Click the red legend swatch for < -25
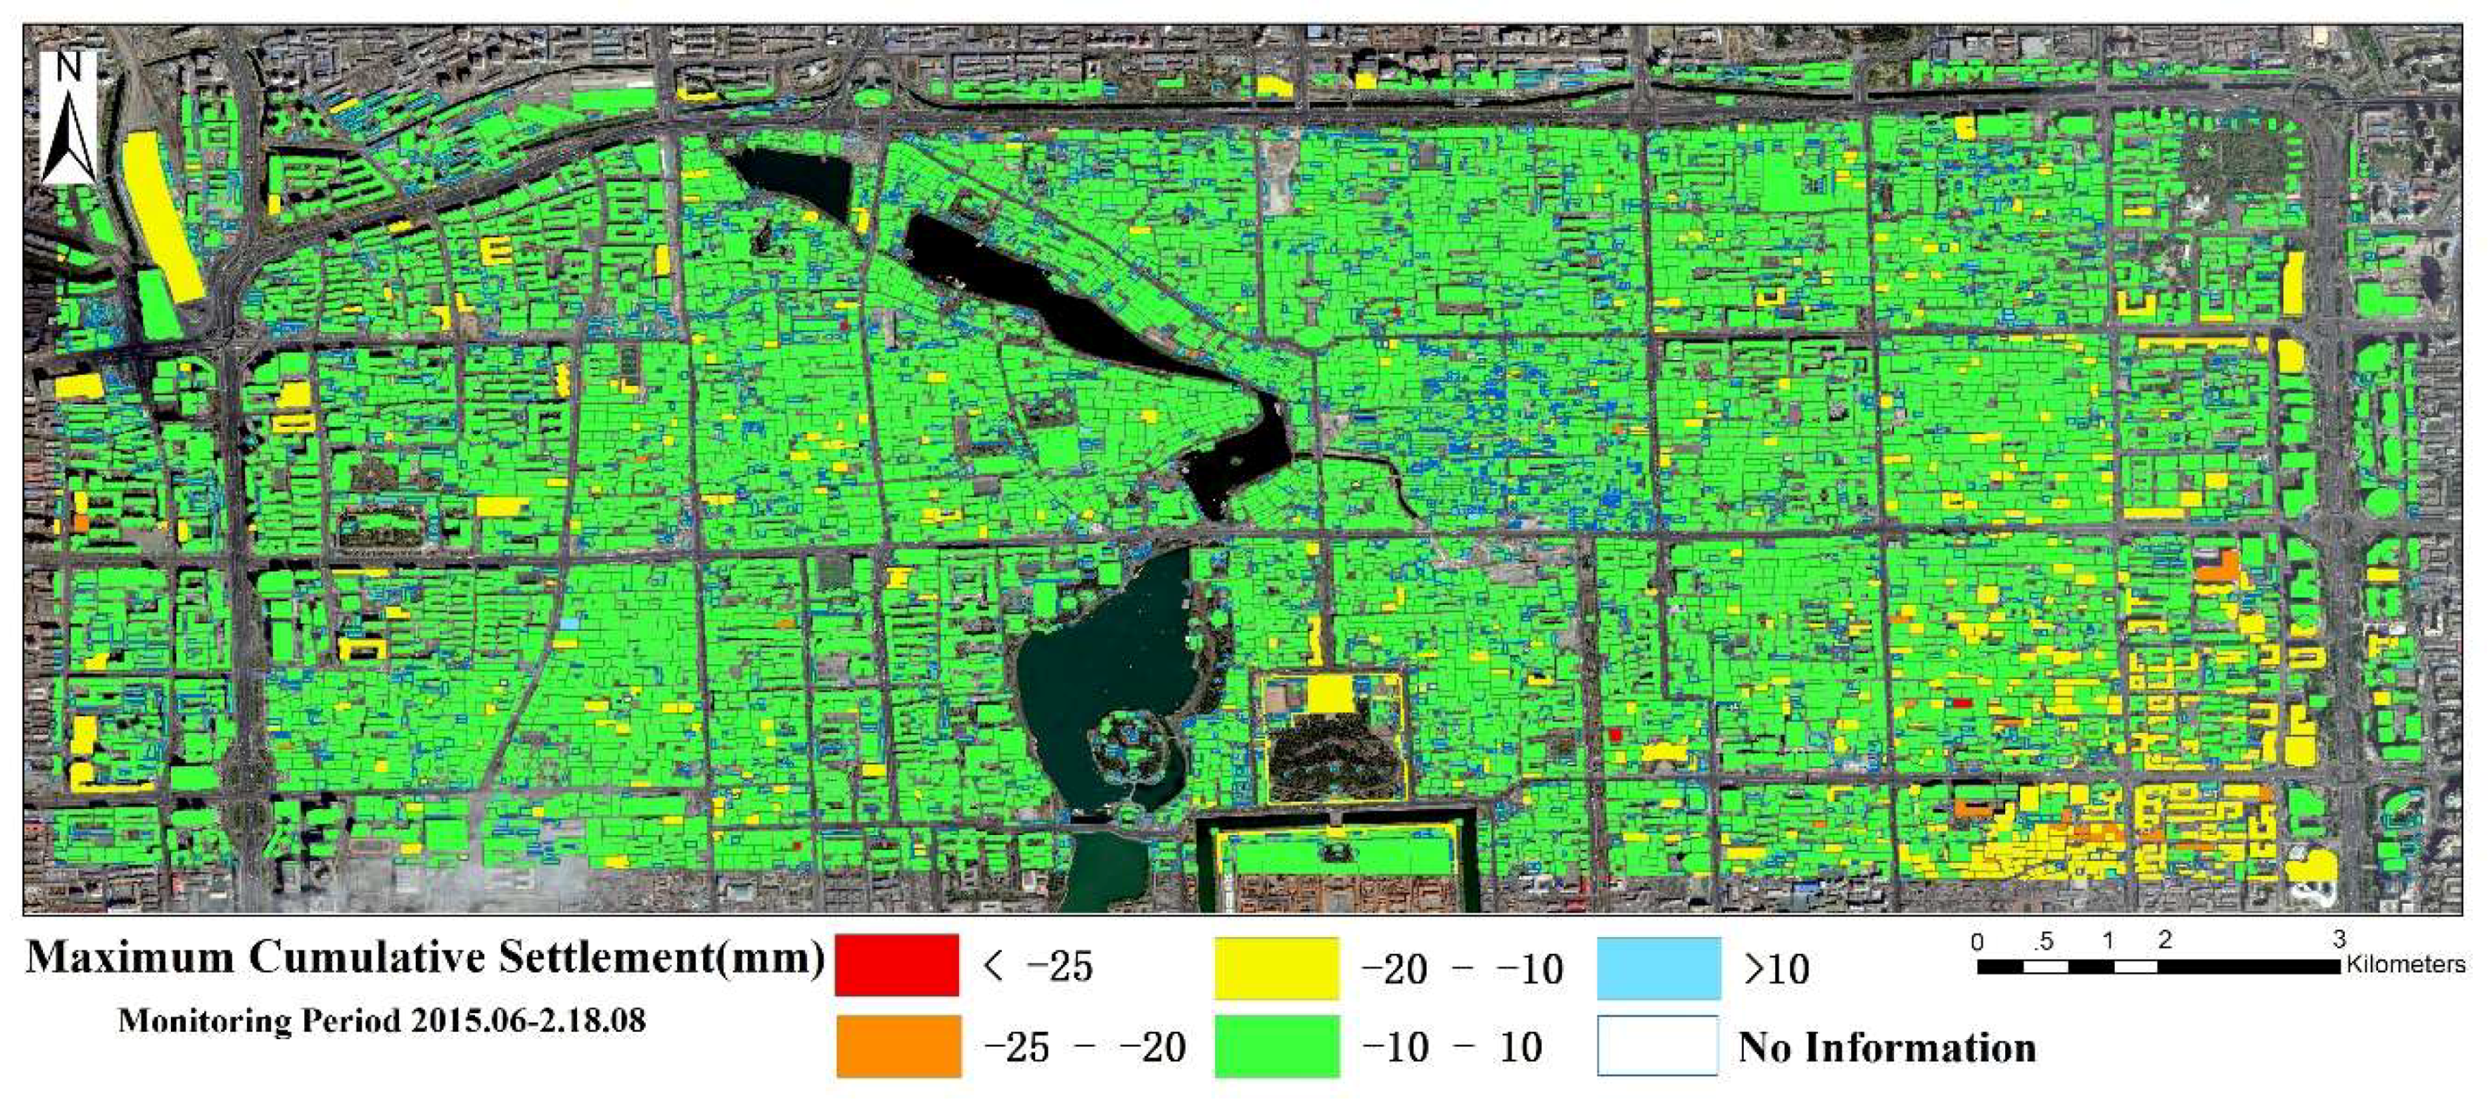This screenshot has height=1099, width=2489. click(x=897, y=964)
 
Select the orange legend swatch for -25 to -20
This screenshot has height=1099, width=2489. click(x=898, y=1045)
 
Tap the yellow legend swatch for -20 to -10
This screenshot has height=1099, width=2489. click(x=1276, y=967)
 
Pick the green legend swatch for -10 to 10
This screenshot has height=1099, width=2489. click(x=1276, y=1046)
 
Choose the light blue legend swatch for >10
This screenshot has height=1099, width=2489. click(x=1658, y=967)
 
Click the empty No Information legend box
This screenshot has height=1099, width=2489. click(x=1658, y=1046)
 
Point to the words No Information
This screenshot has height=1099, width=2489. click(x=1886, y=1046)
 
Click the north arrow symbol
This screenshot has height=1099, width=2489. click(x=67, y=135)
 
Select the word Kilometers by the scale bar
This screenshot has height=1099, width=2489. click(x=2406, y=964)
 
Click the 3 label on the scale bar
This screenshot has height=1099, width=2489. click(x=2337, y=939)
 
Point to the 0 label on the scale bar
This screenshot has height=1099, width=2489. click(x=1977, y=941)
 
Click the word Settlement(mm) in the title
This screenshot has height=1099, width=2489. click(x=662, y=957)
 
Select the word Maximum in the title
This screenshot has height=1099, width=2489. click(x=129, y=957)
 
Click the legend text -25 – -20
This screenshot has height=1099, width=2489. click(x=1084, y=1046)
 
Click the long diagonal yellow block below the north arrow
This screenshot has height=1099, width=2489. click(x=164, y=217)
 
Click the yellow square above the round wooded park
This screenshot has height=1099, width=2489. click(x=1330, y=694)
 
